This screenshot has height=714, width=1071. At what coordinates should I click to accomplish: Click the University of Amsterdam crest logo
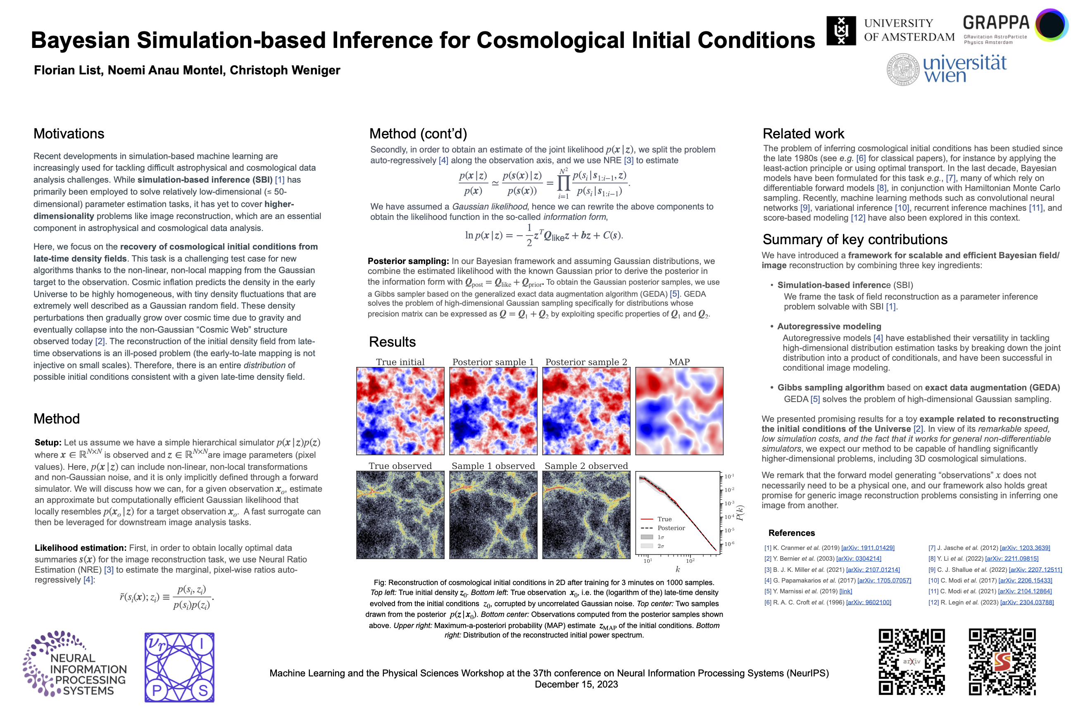point(840,31)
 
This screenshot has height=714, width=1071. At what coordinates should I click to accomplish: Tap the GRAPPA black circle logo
point(1052,25)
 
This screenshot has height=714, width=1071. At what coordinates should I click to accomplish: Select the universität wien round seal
point(902,70)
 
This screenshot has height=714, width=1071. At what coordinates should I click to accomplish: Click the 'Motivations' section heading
point(69,133)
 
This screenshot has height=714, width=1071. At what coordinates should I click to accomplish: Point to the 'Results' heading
point(392,342)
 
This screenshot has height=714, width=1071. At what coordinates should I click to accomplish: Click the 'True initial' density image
point(400,411)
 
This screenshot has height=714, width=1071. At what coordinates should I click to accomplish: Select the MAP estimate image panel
point(679,411)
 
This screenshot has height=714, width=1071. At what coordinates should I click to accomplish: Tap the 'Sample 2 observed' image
point(586,514)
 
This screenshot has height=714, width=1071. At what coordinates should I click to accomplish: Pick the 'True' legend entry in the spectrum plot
point(664,519)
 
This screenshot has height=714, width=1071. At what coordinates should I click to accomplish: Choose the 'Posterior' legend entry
point(671,528)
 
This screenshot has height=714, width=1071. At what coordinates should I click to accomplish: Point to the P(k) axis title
point(740,513)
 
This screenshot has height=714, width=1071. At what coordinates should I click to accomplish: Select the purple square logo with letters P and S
point(179,667)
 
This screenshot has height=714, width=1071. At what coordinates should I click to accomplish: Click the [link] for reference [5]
point(845,592)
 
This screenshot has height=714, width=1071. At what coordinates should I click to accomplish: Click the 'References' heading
point(791,533)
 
